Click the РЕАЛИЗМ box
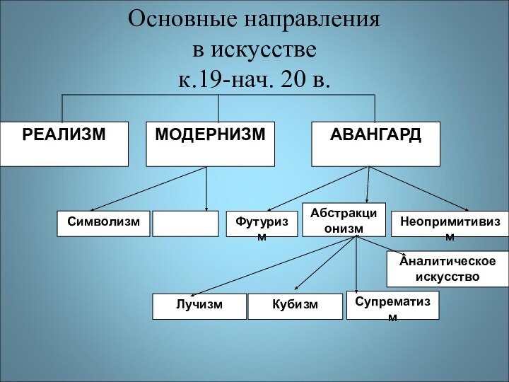pyautogui.click(x=64, y=144)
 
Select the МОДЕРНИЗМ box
pyautogui.click(x=211, y=144)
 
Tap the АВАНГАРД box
pyautogui.click(x=375, y=144)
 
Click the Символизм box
pyautogui.click(x=104, y=223)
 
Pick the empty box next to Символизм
pyautogui.click(x=186, y=223)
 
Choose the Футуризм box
pyautogui.click(x=262, y=224)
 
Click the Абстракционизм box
pyautogui.click(x=344, y=219)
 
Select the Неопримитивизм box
pyautogui.click(x=450, y=224)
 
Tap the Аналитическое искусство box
pyautogui.click(x=447, y=268)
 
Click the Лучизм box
pyautogui.click(x=199, y=306)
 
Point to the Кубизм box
pyautogui.click(x=295, y=306)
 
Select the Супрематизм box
pyautogui.click(x=392, y=305)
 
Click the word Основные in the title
pyautogui.click(x=180, y=19)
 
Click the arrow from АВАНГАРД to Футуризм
pyautogui.click(x=318, y=188)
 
